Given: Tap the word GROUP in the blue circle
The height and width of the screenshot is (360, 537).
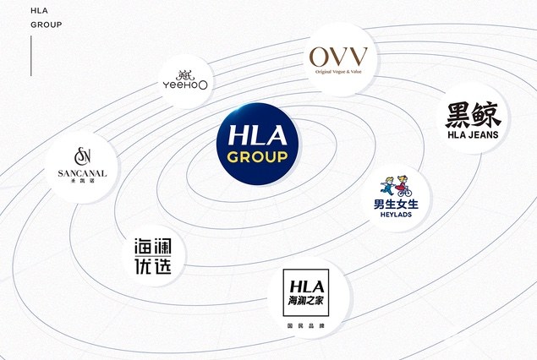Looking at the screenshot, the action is point(253,158).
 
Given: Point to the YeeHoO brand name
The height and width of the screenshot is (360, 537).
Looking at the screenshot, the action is point(184,85).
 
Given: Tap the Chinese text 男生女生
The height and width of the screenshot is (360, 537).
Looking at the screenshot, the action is point(402,204).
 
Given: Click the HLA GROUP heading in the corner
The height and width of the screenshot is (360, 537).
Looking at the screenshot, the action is point(46,18).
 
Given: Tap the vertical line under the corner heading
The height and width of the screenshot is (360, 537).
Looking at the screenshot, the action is point(31,55).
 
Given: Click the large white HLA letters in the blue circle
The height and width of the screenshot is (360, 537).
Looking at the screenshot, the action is point(253,135).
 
